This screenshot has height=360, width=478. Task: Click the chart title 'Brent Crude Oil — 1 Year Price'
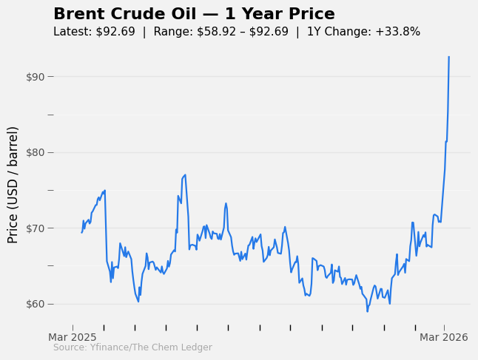[x=194, y=14]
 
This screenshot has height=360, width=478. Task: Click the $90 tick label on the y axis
[x=34, y=77]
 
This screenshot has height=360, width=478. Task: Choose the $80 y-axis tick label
[x=34, y=152]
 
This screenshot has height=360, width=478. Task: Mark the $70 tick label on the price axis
[x=34, y=228]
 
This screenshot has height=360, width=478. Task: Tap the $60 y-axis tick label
[x=34, y=304]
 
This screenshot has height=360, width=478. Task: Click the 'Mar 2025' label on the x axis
[x=73, y=337]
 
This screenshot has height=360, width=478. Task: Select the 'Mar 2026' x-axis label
[x=444, y=337]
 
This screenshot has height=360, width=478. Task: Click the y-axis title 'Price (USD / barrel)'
[x=13, y=185]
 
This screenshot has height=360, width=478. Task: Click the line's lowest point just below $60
[x=367, y=311]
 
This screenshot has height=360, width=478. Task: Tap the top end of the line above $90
[x=448, y=57]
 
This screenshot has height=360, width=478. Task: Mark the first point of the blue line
[x=81, y=233]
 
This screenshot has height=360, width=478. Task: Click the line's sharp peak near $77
[x=184, y=175]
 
